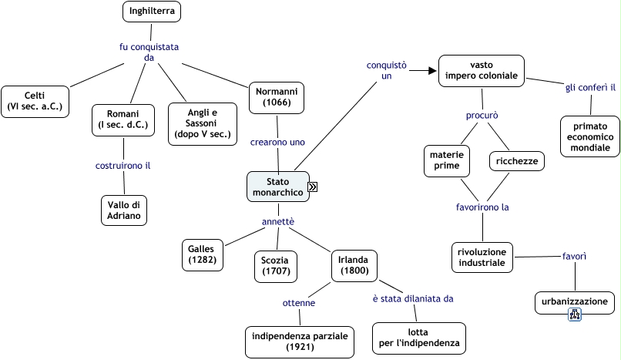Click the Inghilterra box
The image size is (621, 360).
coord(152,11)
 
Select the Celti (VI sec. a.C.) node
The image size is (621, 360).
coord(35,100)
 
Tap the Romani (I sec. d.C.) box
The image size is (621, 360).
coord(123,119)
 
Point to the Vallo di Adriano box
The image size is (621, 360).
coord(123,210)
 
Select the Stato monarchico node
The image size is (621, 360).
coord(277,187)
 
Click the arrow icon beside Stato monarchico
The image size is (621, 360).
coord(314,187)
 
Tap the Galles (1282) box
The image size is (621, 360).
coord(203,254)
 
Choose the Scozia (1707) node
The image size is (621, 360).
coord(275,265)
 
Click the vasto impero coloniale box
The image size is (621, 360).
coord(481,71)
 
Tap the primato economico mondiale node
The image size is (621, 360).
coord(590,136)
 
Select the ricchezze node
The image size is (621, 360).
coord(517,161)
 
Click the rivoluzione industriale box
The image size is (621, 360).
coord(482,257)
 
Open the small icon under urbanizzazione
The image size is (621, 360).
coord(574,314)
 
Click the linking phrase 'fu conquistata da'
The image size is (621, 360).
coord(149,52)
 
